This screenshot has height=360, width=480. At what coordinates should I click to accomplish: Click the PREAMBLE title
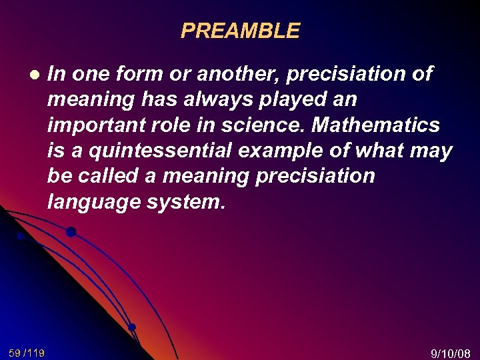pos(240,31)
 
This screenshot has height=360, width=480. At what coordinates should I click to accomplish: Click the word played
pos(274,100)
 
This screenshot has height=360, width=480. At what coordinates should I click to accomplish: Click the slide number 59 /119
pos(27,352)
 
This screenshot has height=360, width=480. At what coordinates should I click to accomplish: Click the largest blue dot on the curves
pos(71,232)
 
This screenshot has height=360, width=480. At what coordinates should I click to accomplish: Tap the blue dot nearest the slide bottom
pos(132,327)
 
